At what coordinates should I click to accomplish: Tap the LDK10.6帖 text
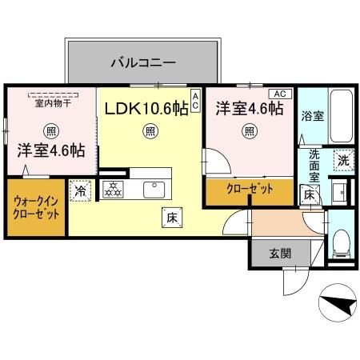(143, 108)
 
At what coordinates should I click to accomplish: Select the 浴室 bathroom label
(312, 116)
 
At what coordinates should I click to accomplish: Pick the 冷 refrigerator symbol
(80, 190)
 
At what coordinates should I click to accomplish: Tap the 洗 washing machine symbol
(342, 159)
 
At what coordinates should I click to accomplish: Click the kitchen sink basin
(153, 189)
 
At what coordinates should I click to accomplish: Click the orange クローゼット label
(249, 189)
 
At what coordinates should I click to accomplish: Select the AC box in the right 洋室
(279, 93)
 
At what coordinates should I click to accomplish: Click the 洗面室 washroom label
(315, 165)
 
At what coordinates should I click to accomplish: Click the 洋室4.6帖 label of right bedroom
(247, 110)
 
